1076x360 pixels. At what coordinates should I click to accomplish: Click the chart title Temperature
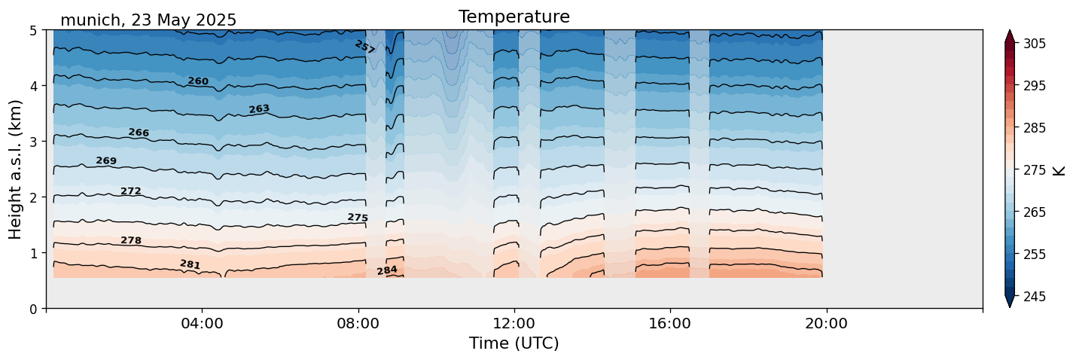tap(514, 17)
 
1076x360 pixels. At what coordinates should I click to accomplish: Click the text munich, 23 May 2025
tap(148, 20)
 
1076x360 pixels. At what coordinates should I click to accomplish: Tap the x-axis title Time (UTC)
tap(514, 343)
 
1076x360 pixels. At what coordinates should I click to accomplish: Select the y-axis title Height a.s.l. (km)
tap(16, 169)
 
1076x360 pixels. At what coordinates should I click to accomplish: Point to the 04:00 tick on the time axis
tap(203, 324)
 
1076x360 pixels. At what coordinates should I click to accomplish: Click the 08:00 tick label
tap(358, 324)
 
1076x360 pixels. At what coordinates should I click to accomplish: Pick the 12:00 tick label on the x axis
tap(514, 324)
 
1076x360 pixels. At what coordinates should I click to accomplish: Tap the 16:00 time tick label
tap(670, 324)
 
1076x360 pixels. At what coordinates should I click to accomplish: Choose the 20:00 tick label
tap(826, 324)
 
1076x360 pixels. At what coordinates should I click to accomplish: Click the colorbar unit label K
tap(1059, 170)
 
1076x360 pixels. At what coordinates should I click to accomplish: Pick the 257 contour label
tap(364, 47)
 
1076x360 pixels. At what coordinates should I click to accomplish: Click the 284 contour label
tap(387, 270)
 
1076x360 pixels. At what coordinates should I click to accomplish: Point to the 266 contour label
tap(139, 133)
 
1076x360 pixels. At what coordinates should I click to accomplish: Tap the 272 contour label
tap(131, 191)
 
